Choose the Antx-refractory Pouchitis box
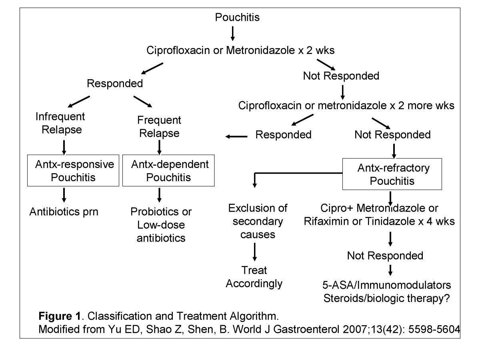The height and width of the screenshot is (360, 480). tap(392, 174)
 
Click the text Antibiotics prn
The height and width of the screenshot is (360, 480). tap(64, 212)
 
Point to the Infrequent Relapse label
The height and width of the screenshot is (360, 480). tap(60, 123)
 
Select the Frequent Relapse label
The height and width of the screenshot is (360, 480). tap(159, 126)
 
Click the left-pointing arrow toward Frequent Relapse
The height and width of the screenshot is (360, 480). tap(236, 137)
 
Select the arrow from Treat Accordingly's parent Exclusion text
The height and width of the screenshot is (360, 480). tap(254, 252)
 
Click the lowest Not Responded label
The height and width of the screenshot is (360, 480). tap(385, 255)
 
